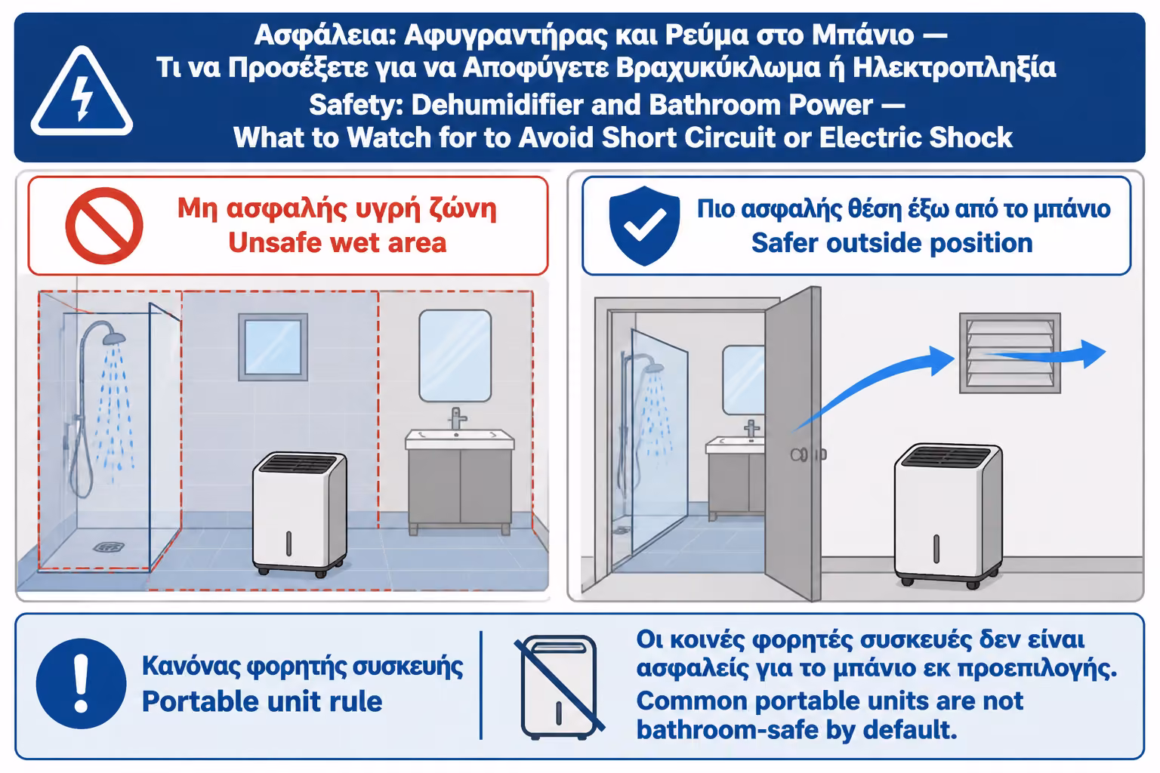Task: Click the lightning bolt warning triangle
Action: [x=82, y=91]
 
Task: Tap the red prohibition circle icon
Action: [x=104, y=226]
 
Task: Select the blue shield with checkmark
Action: [x=644, y=226]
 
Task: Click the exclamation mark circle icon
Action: [x=81, y=683]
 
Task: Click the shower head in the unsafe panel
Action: [x=114, y=338]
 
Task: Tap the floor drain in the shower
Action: [x=109, y=547]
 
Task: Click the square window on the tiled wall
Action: [x=273, y=347]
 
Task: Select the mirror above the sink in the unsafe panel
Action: [x=455, y=356]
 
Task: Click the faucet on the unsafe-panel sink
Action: [x=457, y=417]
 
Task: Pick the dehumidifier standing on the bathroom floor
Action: [x=300, y=515]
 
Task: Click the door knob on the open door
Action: [x=799, y=454]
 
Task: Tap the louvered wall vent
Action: [x=1010, y=353]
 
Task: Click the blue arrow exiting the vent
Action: [x=1046, y=354]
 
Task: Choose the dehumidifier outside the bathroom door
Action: [x=949, y=516]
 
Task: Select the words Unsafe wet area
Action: [x=337, y=242]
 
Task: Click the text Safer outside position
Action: [x=892, y=242]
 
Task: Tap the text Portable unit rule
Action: [x=262, y=701]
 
